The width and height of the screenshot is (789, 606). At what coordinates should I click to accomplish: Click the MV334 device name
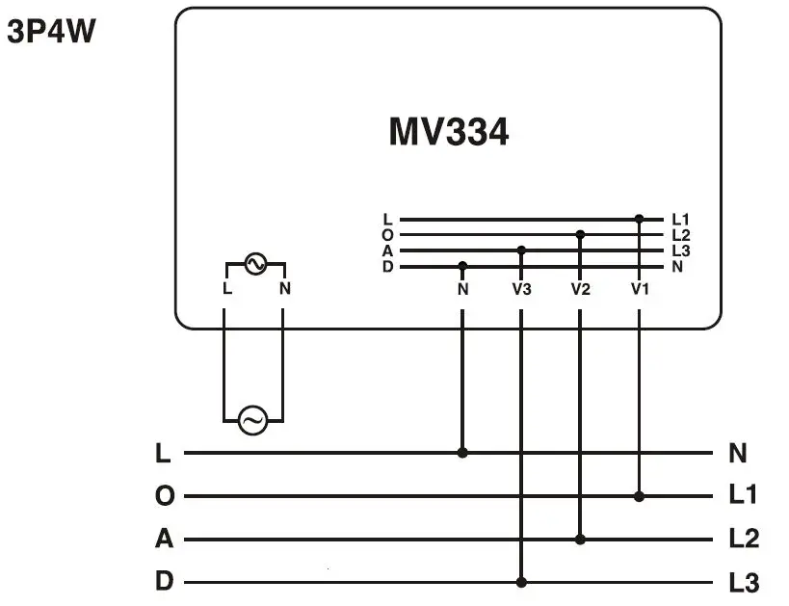448,132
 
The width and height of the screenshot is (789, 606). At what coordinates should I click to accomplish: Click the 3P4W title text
52,33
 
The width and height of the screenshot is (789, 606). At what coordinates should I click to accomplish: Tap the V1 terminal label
640,288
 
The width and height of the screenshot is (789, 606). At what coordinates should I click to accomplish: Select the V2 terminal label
580,288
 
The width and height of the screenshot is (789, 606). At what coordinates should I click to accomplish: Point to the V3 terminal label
521,288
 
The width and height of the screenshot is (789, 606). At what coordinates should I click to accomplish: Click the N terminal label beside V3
462,288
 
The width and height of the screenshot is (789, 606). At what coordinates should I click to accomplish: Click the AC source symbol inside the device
255,264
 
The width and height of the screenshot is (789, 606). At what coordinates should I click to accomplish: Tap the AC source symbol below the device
252,421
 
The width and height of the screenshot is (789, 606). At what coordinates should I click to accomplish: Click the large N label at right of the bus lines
739,453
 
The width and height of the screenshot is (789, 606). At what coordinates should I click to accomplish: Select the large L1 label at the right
743,496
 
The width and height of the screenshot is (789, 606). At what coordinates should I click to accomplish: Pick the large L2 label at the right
743,540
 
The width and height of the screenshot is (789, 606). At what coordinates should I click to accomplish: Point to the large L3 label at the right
743,583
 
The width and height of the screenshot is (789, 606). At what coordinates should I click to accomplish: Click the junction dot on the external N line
462,452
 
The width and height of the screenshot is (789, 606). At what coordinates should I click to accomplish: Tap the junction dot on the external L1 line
640,496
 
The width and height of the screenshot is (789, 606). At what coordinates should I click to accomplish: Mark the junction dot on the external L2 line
580,540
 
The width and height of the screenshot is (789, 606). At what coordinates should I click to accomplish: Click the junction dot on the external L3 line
521,582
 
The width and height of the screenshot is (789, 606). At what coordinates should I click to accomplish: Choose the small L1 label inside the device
680,220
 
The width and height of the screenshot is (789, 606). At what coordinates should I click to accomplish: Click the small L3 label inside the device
680,250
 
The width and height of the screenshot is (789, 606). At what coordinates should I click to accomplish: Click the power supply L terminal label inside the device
225,288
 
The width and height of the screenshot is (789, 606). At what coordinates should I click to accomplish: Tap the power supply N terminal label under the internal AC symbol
284,288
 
